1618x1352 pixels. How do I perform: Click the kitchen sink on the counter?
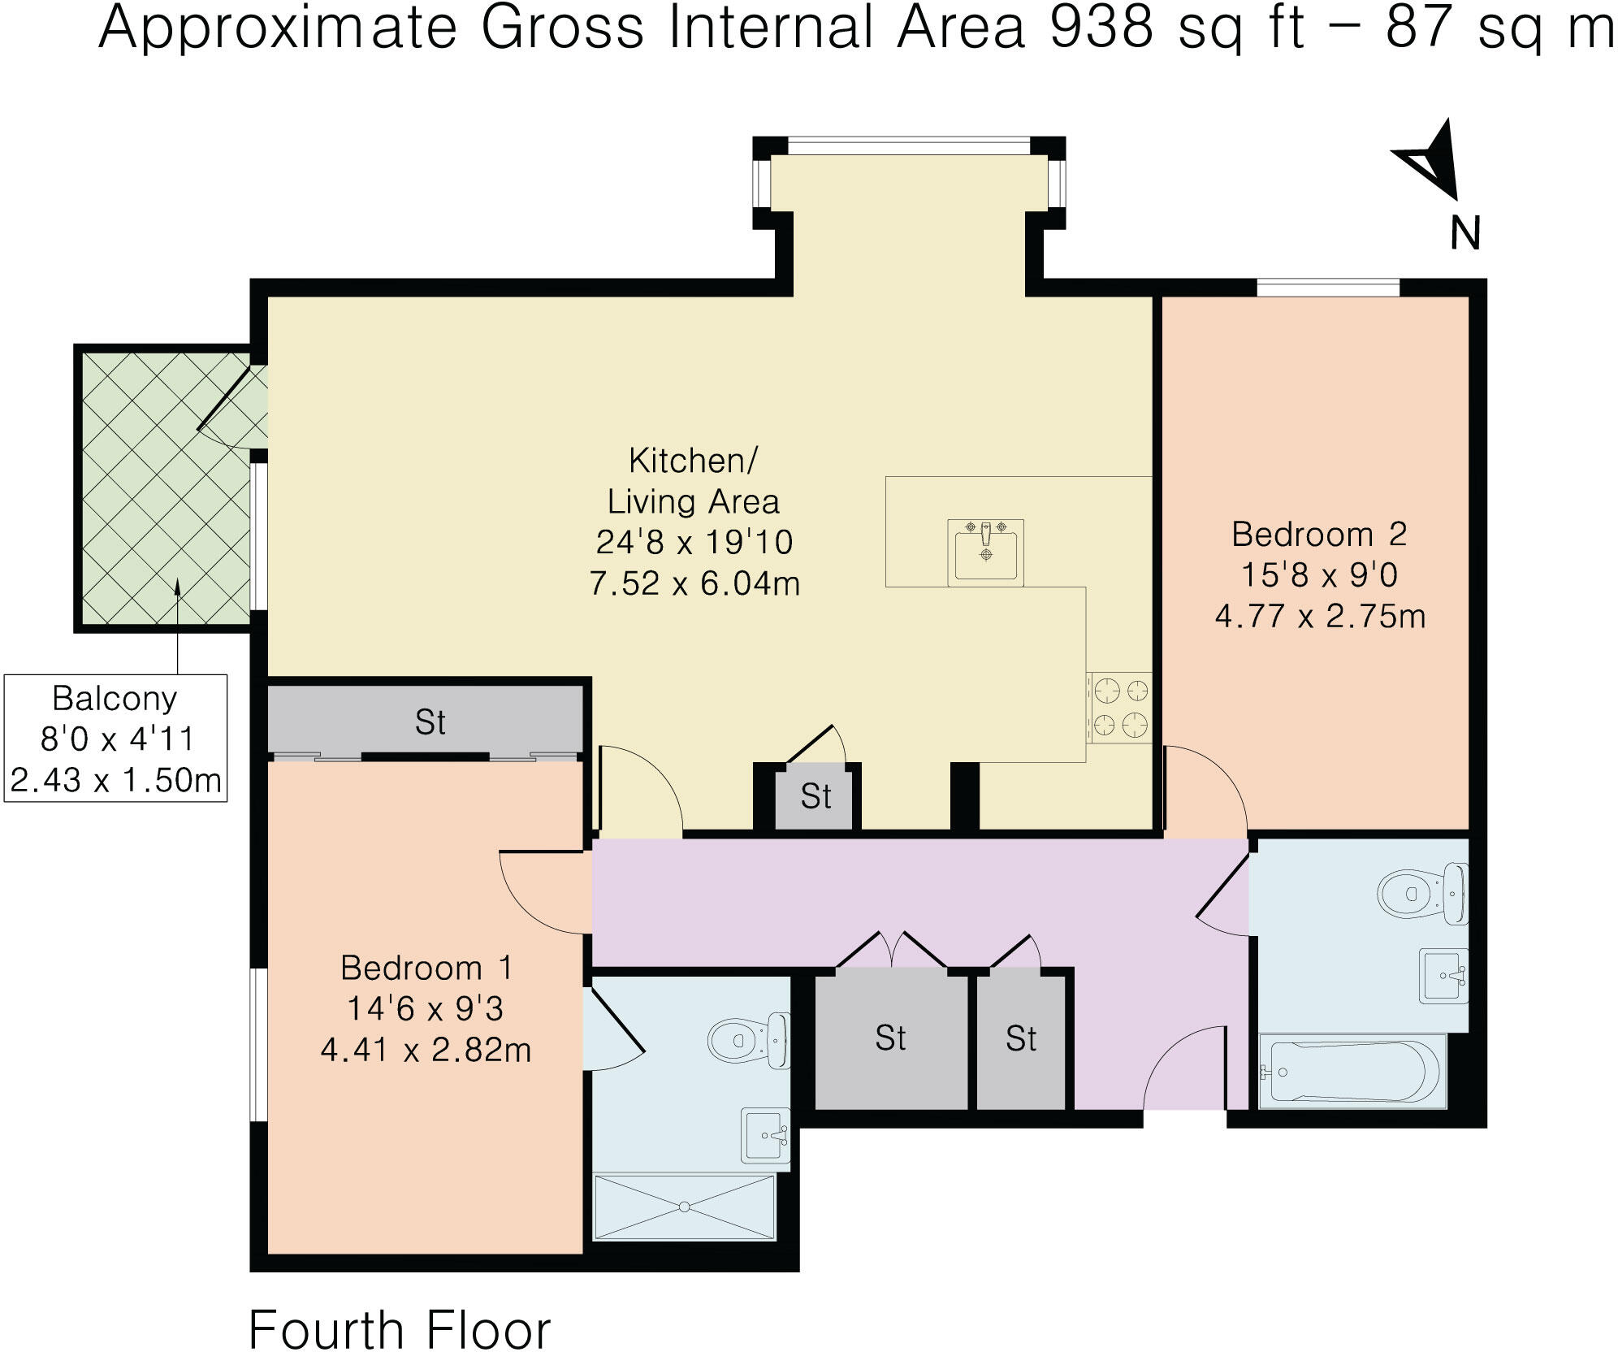985,552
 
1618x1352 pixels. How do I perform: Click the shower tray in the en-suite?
685,1207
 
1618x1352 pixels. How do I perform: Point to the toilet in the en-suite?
748,1039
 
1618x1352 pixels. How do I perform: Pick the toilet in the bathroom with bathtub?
1422,894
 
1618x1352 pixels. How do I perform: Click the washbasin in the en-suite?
766,1135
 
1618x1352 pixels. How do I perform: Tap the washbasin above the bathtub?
1444,975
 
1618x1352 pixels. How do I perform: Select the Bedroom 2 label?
1319,534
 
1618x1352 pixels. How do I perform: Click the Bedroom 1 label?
426,968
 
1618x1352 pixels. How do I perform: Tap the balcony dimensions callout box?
115,739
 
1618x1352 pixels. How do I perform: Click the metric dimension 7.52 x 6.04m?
694,583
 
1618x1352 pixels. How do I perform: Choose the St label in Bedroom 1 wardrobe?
430,722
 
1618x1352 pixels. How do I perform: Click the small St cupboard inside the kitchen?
815,797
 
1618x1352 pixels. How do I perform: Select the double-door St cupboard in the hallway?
891,1039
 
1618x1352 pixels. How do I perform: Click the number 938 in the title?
1101,28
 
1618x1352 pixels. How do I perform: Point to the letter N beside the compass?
1465,233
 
